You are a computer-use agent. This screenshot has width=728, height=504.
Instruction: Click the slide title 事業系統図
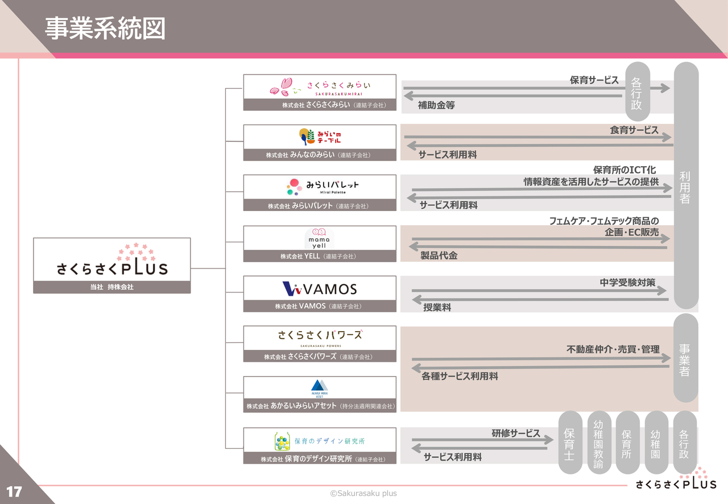[x=105, y=28]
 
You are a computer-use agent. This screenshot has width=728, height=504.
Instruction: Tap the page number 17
[x=14, y=491]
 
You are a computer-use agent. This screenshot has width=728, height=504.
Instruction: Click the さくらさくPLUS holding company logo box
[x=112, y=265]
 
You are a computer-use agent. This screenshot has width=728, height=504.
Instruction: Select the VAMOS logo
[x=320, y=289]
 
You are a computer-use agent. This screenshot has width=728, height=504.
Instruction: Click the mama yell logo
[x=319, y=238]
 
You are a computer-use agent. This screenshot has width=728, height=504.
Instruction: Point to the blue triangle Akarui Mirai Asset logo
[x=320, y=389]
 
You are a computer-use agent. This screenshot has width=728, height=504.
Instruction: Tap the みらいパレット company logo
[x=322, y=187]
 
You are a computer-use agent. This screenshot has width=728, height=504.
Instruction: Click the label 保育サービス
[x=594, y=80]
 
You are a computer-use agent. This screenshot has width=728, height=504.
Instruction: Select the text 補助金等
[x=436, y=105]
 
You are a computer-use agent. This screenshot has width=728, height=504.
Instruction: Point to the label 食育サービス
[x=634, y=130]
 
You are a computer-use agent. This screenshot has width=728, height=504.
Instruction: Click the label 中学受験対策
[x=627, y=282]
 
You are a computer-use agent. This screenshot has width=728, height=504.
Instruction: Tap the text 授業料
[x=437, y=307]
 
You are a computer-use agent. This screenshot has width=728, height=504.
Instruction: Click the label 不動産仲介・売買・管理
[x=613, y=349]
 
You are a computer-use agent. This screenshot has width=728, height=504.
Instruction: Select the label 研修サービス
[x=516, y=433]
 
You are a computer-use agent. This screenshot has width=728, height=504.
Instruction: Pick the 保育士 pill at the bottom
[x=570, y=442]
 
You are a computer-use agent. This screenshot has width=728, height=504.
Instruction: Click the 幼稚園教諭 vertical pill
[x=599, y=442]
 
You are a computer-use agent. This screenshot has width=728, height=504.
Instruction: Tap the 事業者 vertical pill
[x=686, y=358]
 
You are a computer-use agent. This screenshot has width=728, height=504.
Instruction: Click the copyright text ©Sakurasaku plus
[x=363, y=493]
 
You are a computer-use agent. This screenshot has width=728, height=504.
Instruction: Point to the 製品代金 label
[x=439, y=255]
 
